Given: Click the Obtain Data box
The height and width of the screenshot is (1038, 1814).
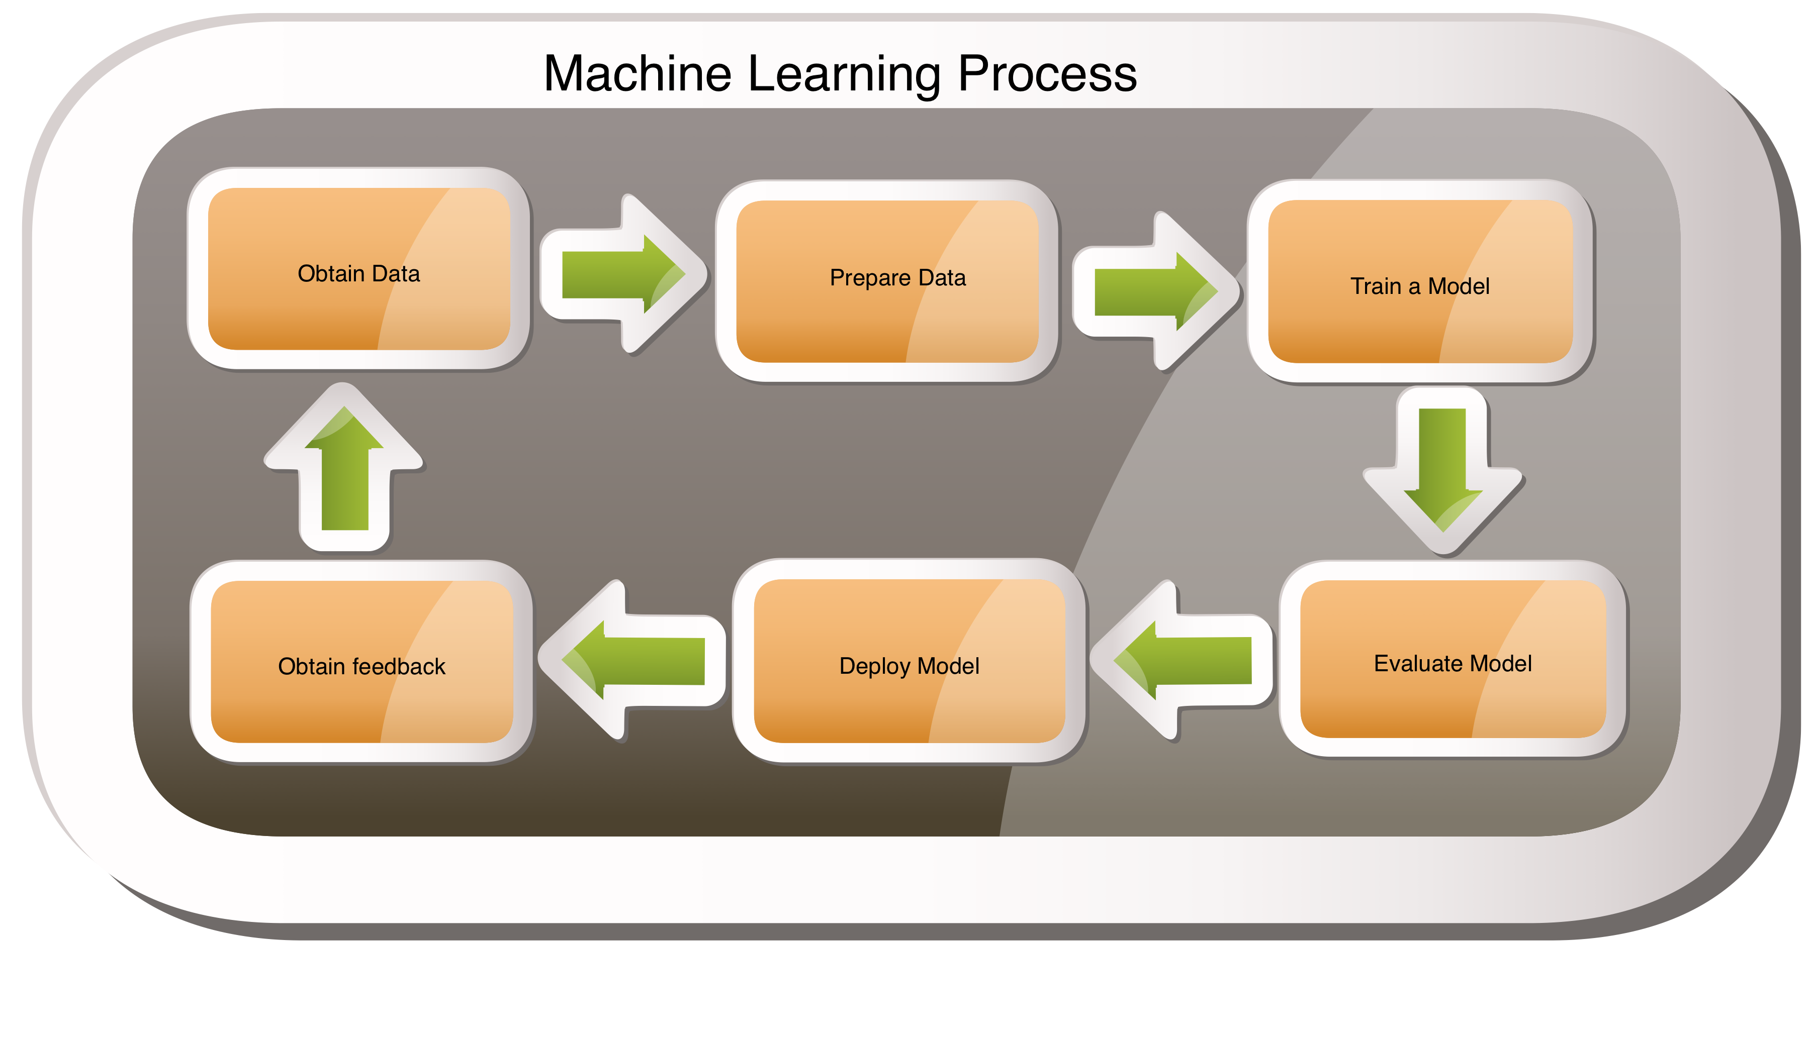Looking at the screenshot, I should click(x=359, y=269).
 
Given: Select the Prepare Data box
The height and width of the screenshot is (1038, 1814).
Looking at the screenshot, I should click(x=887, y=281).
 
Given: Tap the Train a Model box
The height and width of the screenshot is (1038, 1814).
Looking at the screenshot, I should click(x=1419, y=281).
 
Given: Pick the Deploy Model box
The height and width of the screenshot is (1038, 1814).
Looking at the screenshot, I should click(x=909, y=661).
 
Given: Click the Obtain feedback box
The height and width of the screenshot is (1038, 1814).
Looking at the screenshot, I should click(x=361, y=662).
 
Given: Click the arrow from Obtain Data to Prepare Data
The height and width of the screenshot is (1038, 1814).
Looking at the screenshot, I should click(x=622, y=274).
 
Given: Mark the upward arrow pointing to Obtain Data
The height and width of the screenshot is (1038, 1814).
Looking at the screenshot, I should click(x=344, y=471).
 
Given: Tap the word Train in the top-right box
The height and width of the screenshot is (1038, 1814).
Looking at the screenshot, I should click(x=1375, y=286).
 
